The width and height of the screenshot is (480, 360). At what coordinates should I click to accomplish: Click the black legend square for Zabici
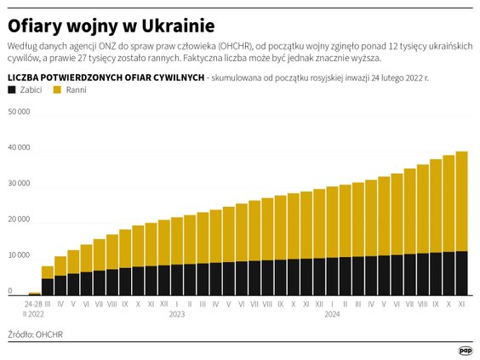(x=12, y=89)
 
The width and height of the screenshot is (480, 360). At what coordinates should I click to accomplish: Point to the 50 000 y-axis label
(x=19, y=111)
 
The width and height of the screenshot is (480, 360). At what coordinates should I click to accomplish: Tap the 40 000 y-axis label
(x=19, y=147)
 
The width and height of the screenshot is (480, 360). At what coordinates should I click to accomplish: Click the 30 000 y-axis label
(x=19, y=184)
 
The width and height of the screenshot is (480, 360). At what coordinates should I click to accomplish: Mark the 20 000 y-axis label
(x=19, y=220)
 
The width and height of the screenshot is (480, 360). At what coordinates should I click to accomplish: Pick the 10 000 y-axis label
(x=19, y=255)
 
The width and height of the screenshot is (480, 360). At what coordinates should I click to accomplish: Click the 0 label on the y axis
(x=10, y=291)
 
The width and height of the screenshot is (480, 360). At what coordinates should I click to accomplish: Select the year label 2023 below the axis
(x=177, y=314)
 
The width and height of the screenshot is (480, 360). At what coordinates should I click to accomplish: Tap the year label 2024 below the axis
(x=332, y=314)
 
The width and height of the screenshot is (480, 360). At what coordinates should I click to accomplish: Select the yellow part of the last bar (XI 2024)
(x=462, y=201)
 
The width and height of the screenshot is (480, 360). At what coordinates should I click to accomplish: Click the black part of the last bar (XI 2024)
(x=462, y=273)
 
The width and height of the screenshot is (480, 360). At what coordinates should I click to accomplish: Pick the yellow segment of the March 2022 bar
(x=48, y=272)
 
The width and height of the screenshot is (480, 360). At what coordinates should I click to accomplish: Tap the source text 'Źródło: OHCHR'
(x=35, y=334)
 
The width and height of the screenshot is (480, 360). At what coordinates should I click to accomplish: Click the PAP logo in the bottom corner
(x=465, y=350)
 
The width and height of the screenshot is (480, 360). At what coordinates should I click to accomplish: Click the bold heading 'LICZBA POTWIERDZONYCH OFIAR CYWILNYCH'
(x=106, y=77)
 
